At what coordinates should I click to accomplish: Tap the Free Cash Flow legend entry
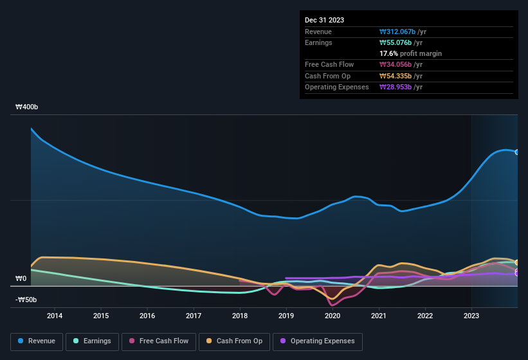tap(158, 341)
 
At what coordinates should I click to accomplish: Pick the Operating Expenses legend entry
tap(317, 341)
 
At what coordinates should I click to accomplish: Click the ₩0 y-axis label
tap(21, 279)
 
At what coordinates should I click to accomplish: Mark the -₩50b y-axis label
tap(26, 300)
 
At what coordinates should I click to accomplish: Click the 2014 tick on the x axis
tap(55, 316)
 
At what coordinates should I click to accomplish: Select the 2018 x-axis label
tap(240, 316)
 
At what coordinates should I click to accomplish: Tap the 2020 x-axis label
tap(332, 316)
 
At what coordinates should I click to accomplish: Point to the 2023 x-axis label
tap(471, 316)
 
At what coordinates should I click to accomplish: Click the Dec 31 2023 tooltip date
tap(324, 20)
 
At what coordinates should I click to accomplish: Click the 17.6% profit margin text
tap(410, 53)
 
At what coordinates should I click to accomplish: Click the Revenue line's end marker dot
tap(516, 152)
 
